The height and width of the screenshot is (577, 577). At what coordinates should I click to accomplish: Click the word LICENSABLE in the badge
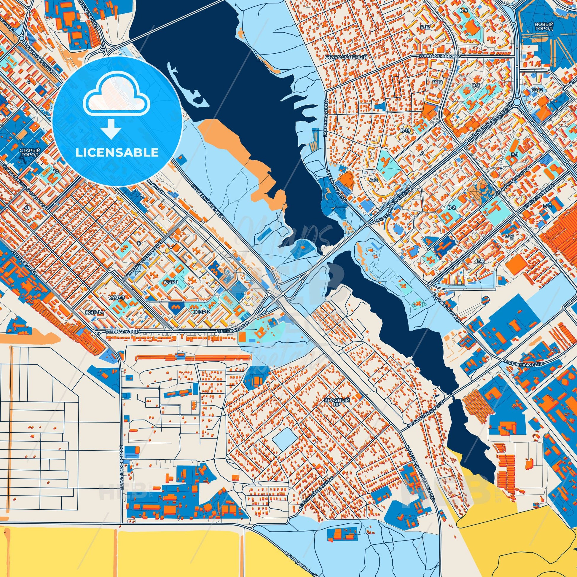click(117, 153)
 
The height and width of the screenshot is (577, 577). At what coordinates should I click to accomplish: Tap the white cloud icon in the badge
click(117, 99)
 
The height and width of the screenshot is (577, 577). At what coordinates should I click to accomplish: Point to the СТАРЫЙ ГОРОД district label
click(29, 153)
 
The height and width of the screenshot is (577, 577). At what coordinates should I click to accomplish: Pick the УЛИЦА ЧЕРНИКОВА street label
click(436, 56)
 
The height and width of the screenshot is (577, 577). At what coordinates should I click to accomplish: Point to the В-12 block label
click(425, 27)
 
